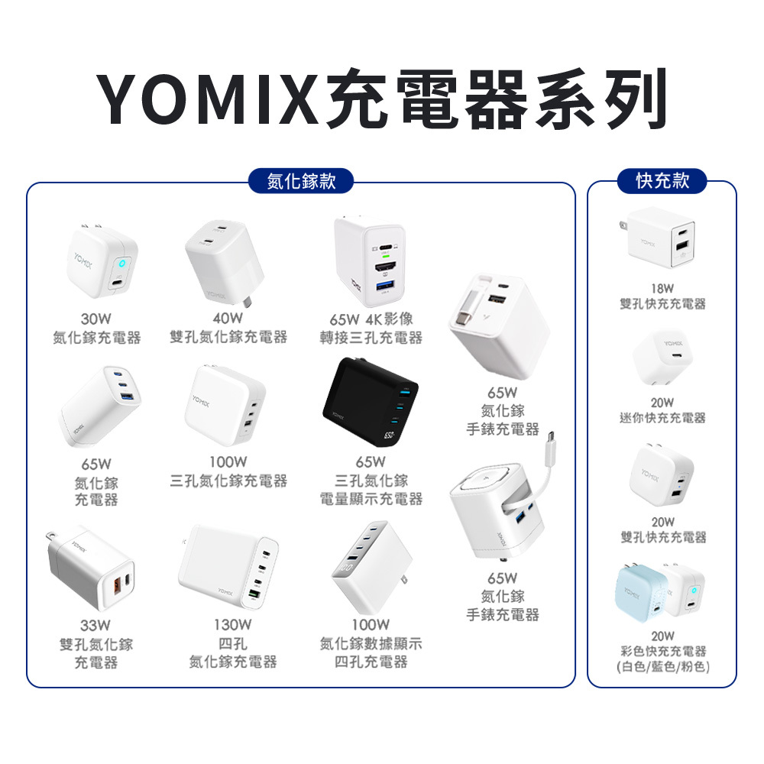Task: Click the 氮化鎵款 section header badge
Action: point(301,180)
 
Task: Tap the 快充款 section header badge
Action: point(662,180)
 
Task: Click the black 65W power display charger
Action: point(371,406)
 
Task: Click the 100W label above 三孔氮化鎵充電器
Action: point(228,462)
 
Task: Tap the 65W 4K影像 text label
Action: point(371,319)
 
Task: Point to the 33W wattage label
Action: point(96,626)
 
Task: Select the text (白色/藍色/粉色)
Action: point(662,667)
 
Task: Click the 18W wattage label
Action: point(662,289)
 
